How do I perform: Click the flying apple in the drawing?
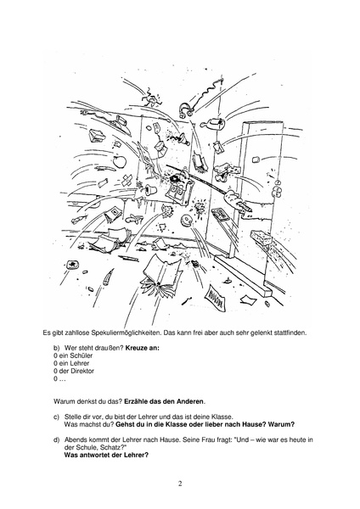tap(119, 160)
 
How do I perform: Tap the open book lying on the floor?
tap(161, 274)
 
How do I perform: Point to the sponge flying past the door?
tap(261, 238)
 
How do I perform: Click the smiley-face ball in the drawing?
tap(187, 221)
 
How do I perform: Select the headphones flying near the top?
tap(186, 109)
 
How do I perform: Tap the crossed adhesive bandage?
tap(127, 181)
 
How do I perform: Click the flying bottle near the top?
tap(213, 123)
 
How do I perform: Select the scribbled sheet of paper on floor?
tap(216, 296)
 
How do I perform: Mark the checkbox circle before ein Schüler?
tap(55, 355)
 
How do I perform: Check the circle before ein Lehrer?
tap(55, 364)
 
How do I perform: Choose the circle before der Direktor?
tap(55, 371)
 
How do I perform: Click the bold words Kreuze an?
tap(143, 349)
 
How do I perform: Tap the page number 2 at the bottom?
tap(180, 484)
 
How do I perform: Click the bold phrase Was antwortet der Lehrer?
tap(106, 455)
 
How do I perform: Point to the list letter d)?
tap(57, 440)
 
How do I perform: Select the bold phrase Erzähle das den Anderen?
tap(164, 401)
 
